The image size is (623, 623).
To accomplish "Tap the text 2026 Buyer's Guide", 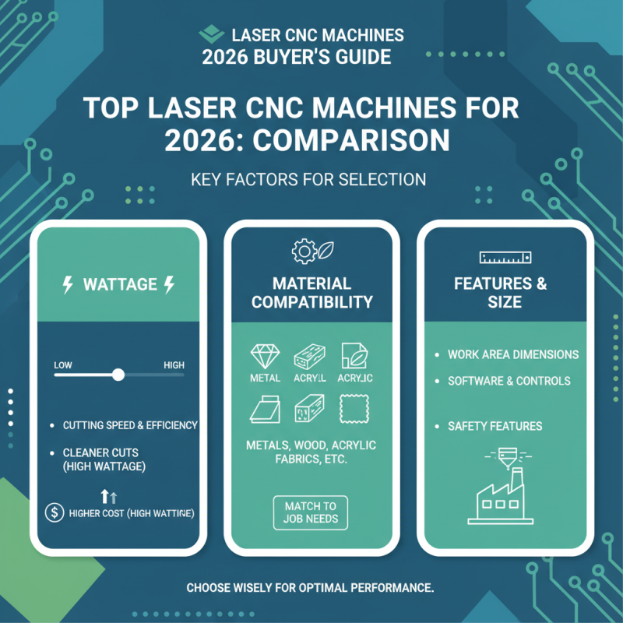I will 297,57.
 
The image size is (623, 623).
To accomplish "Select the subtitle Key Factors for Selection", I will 308,180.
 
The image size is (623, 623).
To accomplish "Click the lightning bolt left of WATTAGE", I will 68,285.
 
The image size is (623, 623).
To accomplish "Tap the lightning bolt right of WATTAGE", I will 169,285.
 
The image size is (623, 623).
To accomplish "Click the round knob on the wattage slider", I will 118,375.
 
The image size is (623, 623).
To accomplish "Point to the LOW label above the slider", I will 63,364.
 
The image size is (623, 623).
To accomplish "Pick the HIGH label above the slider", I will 174,364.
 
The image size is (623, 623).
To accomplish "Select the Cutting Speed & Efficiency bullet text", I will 130,425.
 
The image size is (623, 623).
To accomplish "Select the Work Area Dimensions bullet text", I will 513,354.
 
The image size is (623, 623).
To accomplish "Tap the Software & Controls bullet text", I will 509,381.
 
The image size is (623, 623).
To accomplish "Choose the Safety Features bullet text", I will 495,426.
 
